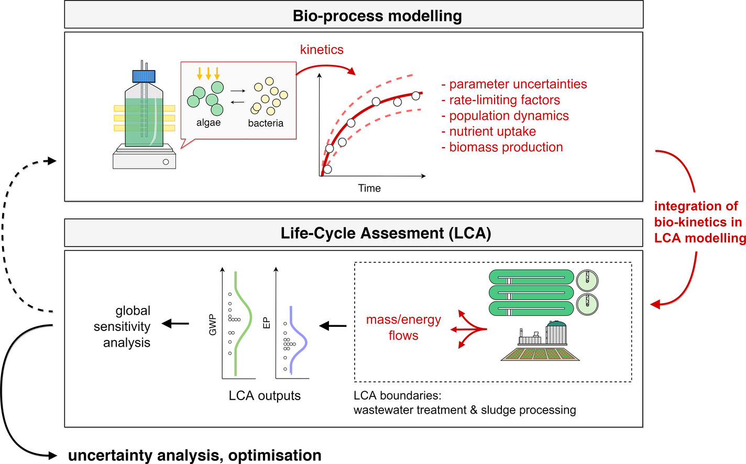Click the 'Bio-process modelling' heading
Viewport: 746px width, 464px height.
coord(377,16)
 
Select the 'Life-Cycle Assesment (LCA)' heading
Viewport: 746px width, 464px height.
coord(386,233)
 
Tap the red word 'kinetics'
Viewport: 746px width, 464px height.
coord(322,50)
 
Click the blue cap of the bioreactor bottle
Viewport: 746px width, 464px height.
coord(144,76)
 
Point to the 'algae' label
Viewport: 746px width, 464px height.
coord(209,123)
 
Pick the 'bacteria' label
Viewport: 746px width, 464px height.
coord(266,123)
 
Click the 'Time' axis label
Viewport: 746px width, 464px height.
coord(369,188)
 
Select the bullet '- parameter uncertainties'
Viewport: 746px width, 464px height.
coord(514,84)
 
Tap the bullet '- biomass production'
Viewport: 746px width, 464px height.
coord(502,147)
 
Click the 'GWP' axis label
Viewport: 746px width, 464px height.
coord(213,325)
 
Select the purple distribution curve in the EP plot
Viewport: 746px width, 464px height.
coord(304,343)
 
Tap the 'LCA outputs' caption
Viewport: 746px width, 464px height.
coord(265,395)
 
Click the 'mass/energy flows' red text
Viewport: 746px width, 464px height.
coord(403,327)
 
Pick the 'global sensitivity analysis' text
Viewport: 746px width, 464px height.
coord(123,327)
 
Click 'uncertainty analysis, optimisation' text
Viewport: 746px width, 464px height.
coord(195,455)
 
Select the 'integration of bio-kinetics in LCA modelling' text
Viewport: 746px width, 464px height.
coord(699,222)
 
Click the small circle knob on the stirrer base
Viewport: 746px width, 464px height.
coord(166,162)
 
